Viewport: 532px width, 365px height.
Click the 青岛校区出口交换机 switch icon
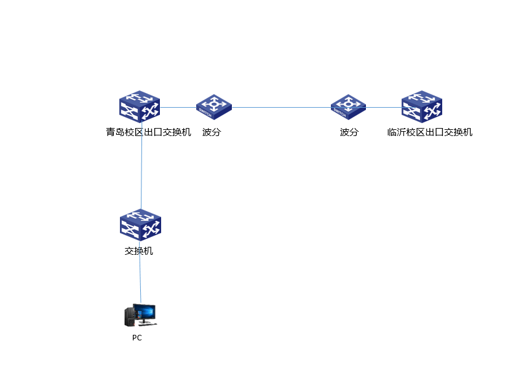tap(140, 106)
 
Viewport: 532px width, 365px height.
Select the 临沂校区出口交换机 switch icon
tap(422, 106)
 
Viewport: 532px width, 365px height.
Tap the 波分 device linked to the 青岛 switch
tap(214, 106)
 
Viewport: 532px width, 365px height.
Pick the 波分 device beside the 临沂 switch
tap(348, 106)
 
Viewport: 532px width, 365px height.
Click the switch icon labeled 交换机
tap(140, 225)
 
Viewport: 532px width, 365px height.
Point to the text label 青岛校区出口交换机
tap(148, 132)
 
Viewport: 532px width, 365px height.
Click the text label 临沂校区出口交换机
tap(430, 132)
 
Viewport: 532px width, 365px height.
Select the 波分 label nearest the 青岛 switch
tap(211, 132)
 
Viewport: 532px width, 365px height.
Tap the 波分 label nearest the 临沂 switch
tap(349, 132)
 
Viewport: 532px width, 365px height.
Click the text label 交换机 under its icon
tap(139, 251)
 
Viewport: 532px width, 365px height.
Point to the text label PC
tap(137, 338)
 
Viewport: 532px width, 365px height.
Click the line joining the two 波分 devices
tap(281, 107)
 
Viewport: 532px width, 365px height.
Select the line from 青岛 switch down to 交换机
tap(142, 166)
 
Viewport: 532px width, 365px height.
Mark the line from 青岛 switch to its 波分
tap(178, 107)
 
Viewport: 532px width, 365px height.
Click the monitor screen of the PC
tap(145, 313)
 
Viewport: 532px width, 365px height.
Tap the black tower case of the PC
tap(129, 317)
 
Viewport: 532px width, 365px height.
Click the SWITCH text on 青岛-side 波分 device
tap(205, 114)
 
